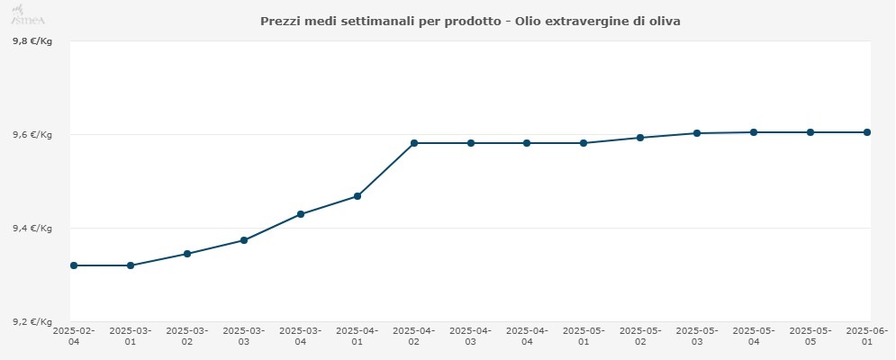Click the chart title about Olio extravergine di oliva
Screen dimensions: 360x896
tap(470, 21)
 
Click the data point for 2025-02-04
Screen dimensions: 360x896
tap(74, 265)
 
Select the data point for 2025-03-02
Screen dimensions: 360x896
tap(187, 254)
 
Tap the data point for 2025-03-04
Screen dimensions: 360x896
tap(301, 214)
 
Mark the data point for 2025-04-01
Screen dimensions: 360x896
tap(357, 196)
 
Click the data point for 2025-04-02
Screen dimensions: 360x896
tap(414, 143)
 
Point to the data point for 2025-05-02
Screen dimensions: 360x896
tap(640, 138)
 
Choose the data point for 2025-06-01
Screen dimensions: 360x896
tap(867, 132)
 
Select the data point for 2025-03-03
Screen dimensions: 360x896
tap(244, 240)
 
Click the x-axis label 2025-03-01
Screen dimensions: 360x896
tap(131, 336)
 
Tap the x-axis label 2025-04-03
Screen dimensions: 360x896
tap(470, 336)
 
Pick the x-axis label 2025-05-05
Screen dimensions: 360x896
tap(810, 336)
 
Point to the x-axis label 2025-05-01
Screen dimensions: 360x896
tap(584, 336)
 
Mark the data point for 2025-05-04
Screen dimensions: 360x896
tap(754, 132)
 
